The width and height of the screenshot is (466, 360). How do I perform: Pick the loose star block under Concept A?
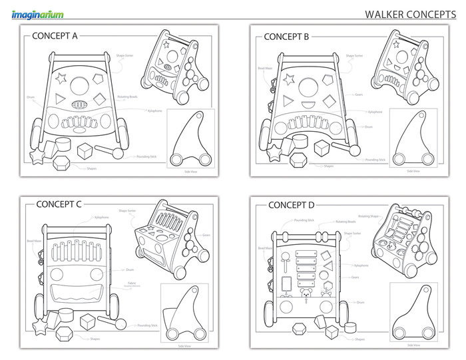38,156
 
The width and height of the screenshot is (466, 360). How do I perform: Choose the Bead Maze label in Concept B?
264,69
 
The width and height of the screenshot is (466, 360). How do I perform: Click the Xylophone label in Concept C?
102,218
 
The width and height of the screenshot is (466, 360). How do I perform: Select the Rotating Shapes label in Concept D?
368,216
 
